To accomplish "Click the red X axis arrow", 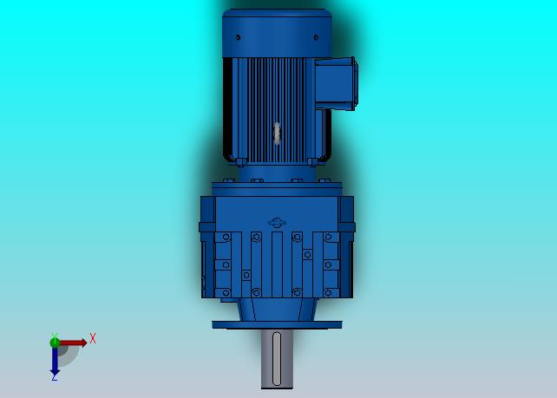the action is pos(73,343).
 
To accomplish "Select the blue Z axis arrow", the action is pos(55,361).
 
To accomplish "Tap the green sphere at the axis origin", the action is pos(55,343).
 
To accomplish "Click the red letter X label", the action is pos(93,338).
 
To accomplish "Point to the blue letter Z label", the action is pos(55,378).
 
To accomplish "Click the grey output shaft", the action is pos(277,359).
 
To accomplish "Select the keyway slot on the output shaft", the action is pos(277,359).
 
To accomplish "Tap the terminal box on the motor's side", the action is pos(336,84).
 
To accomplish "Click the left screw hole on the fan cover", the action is pos(238,37).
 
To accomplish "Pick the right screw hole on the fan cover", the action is pos(316,37).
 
